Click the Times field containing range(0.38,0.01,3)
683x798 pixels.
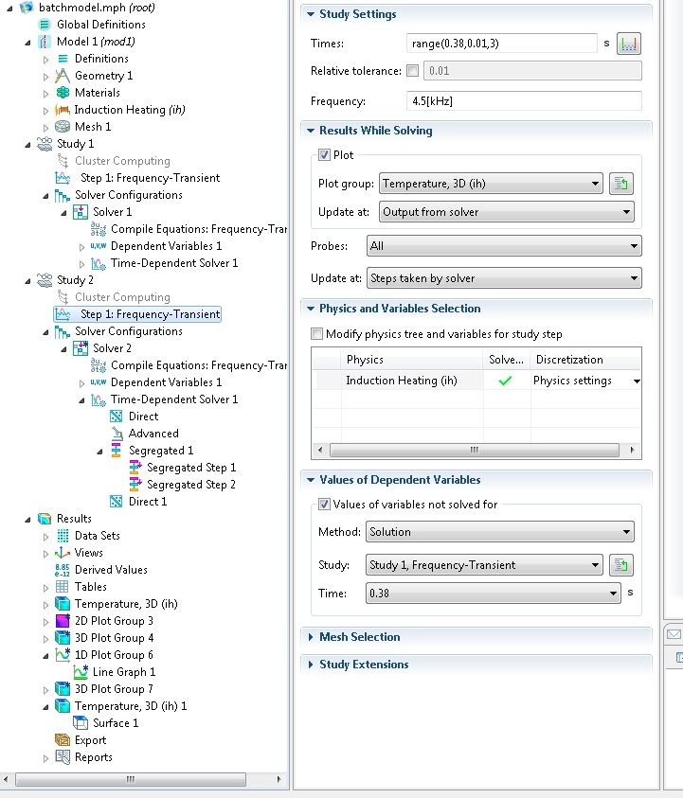pos(501,44)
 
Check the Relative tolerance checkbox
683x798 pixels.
pos(413,71)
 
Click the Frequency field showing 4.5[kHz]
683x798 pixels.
pos(524,100)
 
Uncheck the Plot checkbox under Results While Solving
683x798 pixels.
pos(324,154)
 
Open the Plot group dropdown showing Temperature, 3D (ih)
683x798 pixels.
pos(491,184)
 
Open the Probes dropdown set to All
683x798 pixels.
pos(504,246)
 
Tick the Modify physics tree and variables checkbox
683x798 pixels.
pos(316,334)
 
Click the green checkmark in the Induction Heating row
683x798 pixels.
pos(505,381)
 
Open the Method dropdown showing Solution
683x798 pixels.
pos(500,532)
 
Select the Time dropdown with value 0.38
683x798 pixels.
pos(493,594)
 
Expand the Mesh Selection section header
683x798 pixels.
pos(360,637)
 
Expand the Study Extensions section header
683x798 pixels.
pos(364,665)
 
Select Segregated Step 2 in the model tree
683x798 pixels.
pos(191,485)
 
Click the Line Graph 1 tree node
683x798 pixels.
pos(124,672)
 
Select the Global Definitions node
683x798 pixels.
pos(100,25)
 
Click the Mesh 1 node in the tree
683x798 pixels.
pos(93,127)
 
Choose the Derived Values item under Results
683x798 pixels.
pos(111,570)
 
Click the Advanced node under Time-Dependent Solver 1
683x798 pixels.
pos(153,434)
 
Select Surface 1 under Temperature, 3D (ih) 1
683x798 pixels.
pos(116,722)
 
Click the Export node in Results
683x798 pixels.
pos(90,740)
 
